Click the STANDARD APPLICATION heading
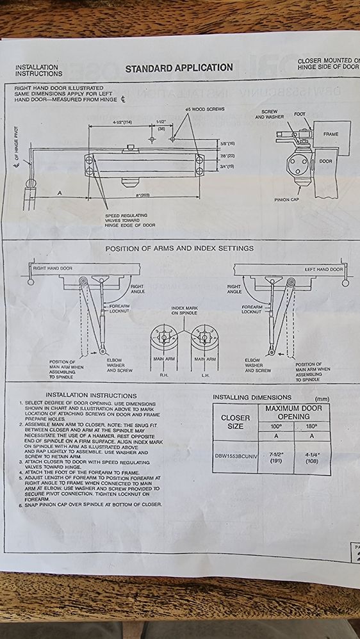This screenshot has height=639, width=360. click(179, 67)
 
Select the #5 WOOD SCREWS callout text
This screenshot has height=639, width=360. click(205, 109)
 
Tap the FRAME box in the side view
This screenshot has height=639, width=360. click(331, 134)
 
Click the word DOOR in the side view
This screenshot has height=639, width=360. click(325, 161)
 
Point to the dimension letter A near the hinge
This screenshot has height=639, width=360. click(60, 192)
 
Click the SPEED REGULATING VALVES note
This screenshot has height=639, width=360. click(130, 220)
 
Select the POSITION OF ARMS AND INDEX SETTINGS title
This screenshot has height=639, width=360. click(179, 248)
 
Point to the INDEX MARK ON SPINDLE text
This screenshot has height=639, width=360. click(184, 311)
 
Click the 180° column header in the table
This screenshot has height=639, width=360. click(312, 426)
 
